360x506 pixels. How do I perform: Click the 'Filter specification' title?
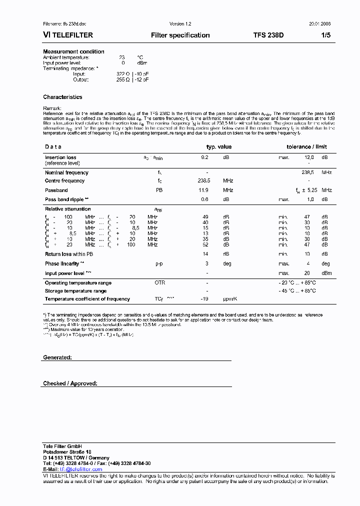[x=180, y=35]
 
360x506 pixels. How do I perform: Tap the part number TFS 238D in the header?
[x=268, y=35]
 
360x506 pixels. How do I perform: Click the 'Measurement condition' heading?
[x=73, y=51]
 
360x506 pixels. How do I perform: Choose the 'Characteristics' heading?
[x=62, y=97]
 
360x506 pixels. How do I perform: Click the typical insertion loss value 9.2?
[x=204, y=157]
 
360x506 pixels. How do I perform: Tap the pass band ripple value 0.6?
[x=204, y=199]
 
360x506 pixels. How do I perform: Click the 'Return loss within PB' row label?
[x=69, y=254]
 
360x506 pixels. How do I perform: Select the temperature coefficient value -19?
[x=204, y=299]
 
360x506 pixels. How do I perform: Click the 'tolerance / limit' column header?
[x=306, y=147]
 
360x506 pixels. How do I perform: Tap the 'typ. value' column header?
[x=219, y=147]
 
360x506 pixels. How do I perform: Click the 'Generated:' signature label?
[x=57, y=358]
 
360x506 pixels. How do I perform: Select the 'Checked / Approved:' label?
[x=70, y=383]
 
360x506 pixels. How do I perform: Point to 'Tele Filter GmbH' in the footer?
[x=62, y=446]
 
